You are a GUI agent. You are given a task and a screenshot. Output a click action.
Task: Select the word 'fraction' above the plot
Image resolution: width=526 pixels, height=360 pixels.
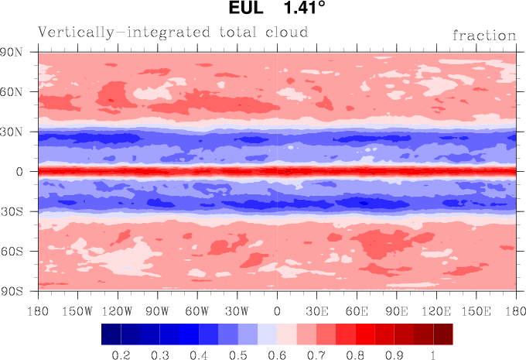point(484,35)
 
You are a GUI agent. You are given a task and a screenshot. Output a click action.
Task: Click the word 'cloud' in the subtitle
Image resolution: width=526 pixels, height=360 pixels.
point(285,32)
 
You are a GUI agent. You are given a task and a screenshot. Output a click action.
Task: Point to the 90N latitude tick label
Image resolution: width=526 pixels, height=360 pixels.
point(15,52)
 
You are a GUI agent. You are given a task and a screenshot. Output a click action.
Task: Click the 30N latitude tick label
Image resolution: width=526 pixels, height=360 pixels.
point(15,132)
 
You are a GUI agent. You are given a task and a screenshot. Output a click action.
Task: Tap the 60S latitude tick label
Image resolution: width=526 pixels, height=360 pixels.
point(15,251)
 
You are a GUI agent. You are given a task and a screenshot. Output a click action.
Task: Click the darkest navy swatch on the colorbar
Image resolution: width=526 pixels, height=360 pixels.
point(111,334)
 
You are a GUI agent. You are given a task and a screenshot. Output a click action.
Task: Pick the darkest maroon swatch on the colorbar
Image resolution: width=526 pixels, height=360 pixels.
point(443,334)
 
